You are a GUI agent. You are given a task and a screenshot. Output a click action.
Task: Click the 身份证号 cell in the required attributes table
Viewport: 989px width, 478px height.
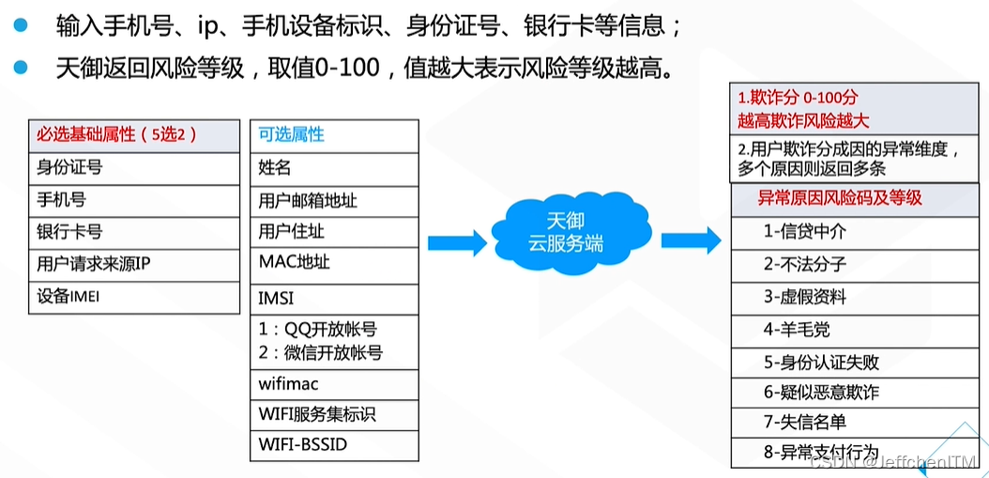point(134,168)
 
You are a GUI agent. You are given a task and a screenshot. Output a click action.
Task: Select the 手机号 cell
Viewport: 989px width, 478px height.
point(134,200)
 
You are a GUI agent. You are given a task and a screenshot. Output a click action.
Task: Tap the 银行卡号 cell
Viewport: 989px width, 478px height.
point(134,232)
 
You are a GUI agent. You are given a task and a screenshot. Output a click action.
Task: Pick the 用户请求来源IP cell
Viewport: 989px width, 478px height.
point(134,265)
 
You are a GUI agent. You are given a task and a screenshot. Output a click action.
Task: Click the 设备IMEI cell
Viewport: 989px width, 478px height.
point(134,297)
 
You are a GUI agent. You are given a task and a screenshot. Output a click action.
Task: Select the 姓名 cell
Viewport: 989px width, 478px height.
point(334,169)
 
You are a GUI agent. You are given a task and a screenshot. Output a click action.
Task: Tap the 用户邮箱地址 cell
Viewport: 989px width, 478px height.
point(334,201)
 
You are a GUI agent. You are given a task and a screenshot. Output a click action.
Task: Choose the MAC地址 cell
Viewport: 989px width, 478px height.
point(334,265)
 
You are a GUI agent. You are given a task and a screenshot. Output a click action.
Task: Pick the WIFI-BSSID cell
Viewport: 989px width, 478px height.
point(334,444)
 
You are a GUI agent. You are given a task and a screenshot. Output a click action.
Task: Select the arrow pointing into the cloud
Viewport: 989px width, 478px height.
point(457,242)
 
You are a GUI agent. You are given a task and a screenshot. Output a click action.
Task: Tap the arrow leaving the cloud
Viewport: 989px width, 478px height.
point(692,240)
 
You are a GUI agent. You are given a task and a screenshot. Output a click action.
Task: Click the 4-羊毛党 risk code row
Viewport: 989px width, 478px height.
point(855,330)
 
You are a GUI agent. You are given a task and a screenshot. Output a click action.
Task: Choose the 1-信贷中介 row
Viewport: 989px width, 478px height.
point(855,232)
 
